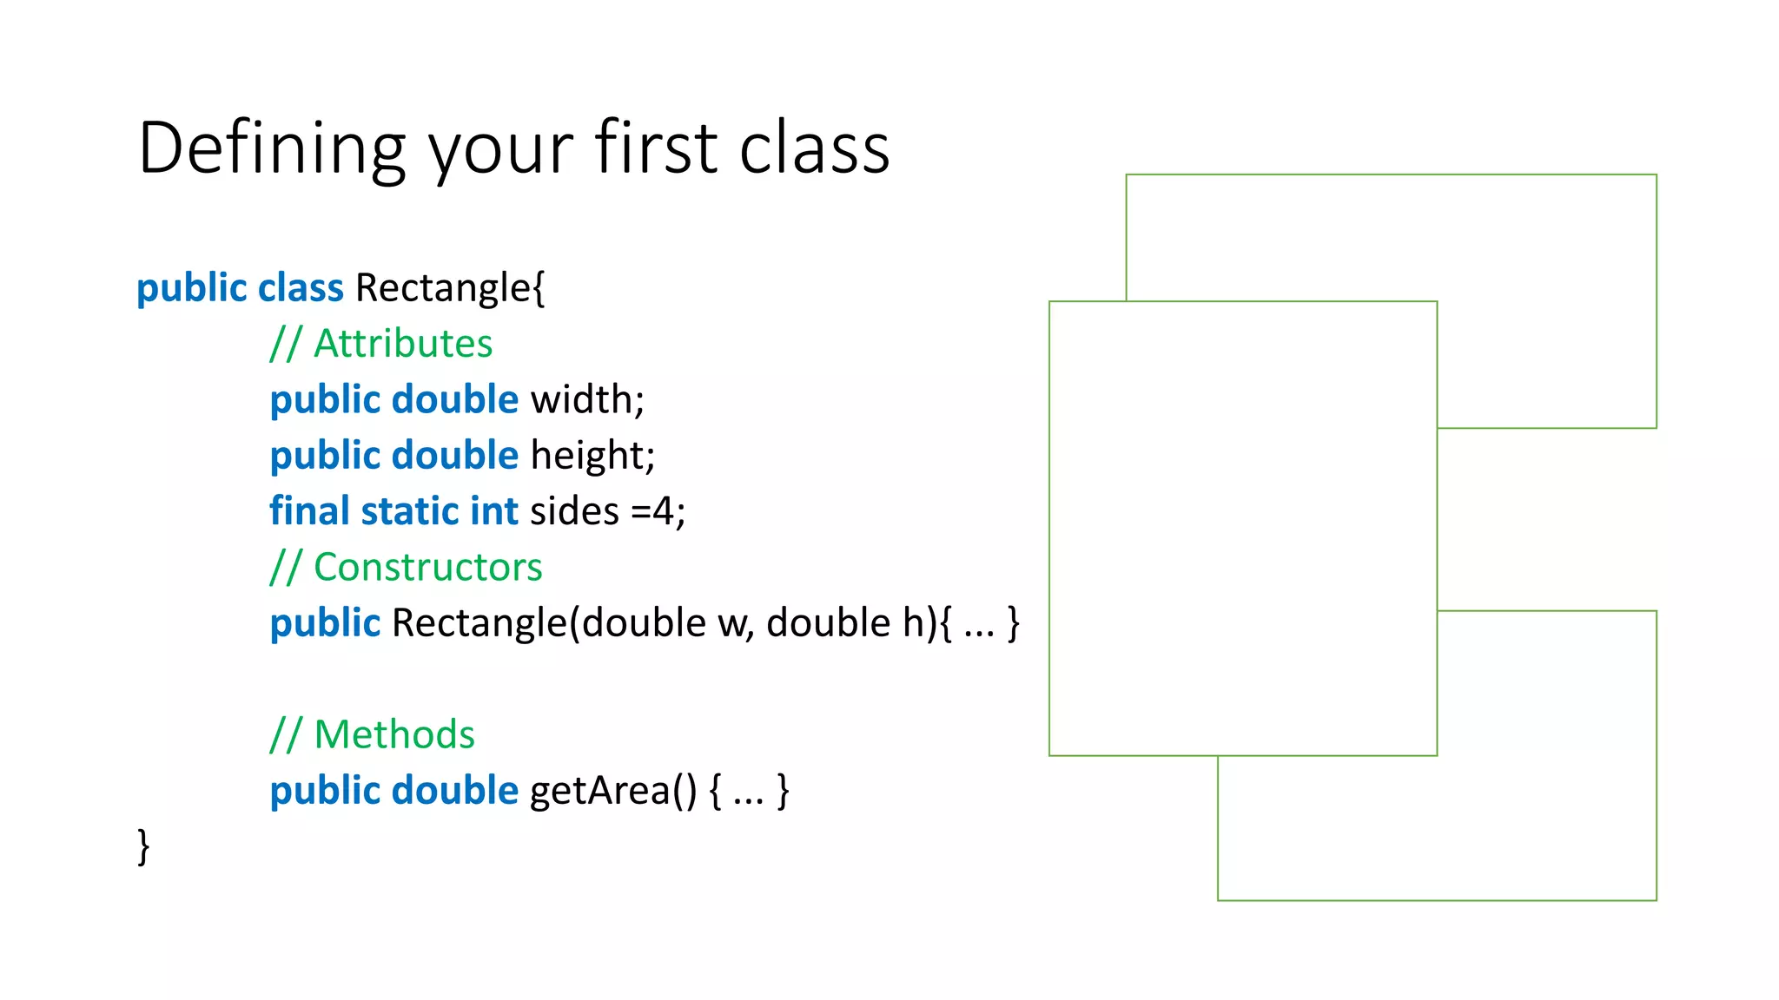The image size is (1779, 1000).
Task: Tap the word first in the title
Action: click(x=657, y=148)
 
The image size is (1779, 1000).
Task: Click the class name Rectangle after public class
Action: click(x=443, y=287)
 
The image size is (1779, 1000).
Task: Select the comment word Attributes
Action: click(x=403, y=344)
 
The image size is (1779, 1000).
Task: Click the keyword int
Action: click(x=493, y=510)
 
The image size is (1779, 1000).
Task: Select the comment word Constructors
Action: click(x=427, y=567)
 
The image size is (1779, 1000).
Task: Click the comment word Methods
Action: click(x=393, y=734)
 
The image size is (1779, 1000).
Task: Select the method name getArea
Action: click(x=600, y=791)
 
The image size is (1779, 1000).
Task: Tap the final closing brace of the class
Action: click(x=143, y=846)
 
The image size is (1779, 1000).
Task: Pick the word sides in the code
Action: click(x=574, y=511)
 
